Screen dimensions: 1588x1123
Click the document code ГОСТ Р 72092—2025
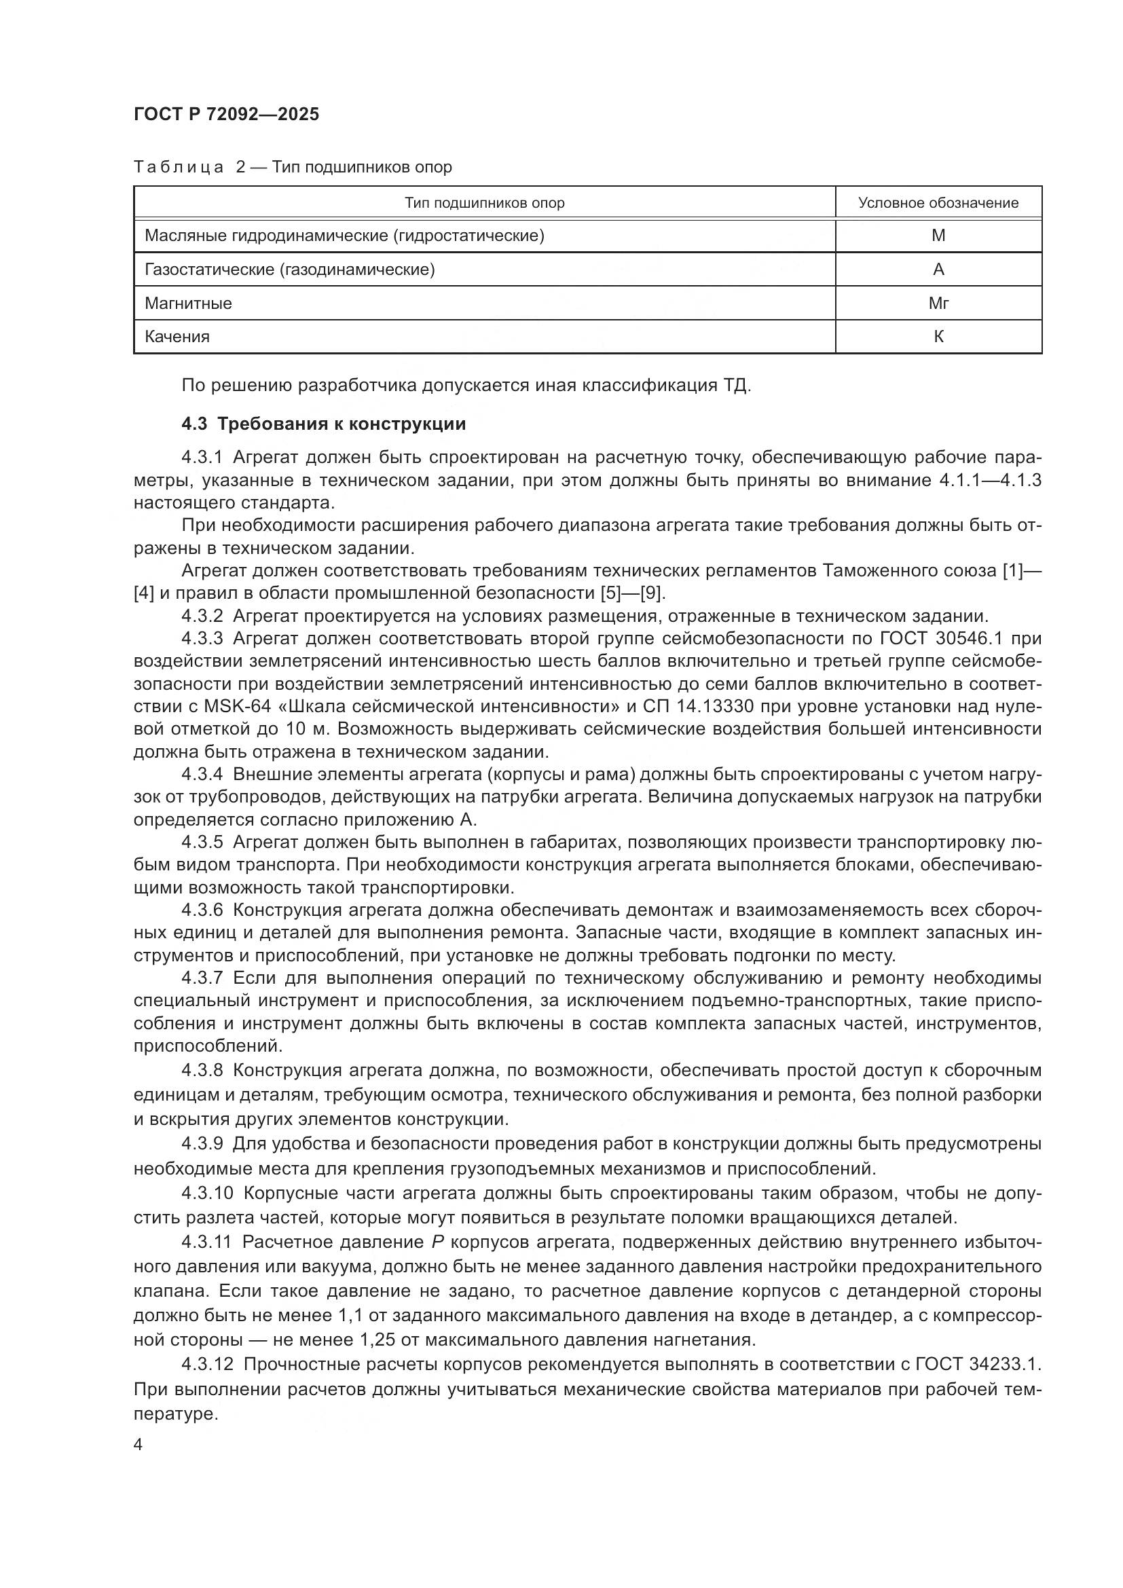pos(226,115)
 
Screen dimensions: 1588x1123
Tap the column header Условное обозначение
pos(938,202)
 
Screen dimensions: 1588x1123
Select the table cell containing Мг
pos(938,303)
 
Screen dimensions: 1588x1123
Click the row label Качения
pos(177,337)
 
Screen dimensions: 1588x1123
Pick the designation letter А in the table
pos(938,270)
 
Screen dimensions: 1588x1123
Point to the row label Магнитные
pos(188,303)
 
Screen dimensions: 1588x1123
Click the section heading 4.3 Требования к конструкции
pos(324,424)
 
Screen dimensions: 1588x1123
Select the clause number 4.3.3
pos(202,638)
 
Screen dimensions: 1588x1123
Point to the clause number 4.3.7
pos(202,978)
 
